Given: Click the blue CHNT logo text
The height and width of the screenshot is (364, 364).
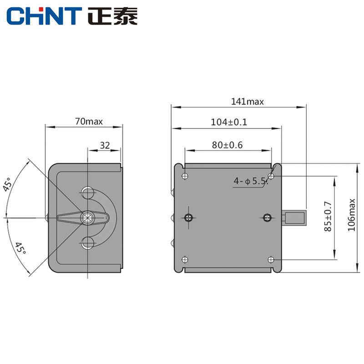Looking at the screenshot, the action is pos(44,16).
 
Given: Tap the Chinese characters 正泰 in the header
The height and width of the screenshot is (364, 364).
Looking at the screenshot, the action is pos(112,16).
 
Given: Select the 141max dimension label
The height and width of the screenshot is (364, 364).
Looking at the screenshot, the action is pos(247,101).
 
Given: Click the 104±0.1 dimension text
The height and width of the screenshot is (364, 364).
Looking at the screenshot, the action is pos(229,122).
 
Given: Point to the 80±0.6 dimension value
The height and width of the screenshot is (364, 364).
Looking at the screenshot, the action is pos(227,145).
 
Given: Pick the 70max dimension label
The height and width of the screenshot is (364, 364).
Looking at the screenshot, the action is pos(89,121).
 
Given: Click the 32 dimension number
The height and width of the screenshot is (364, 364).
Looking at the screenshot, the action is pos(105,146).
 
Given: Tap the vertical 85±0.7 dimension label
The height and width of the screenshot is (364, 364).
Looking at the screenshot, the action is pos(328,217).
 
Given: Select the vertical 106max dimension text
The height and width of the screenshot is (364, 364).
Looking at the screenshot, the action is pos(351,215).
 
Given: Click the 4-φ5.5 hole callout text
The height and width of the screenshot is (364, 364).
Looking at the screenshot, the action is pos(251,181).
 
